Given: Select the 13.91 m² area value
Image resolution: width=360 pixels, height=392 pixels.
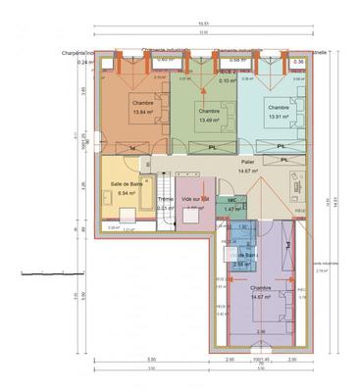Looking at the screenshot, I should pos(279,116).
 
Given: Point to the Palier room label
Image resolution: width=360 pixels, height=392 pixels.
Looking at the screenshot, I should pos(247,162).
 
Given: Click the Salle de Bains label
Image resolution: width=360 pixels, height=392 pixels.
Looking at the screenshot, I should pos(125,185).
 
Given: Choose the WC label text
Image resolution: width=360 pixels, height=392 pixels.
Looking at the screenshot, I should pos(231,200).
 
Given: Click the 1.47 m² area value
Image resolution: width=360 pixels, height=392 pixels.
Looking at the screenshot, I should pos(231,209).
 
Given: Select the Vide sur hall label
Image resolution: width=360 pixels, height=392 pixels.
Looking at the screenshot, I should pos(195,199).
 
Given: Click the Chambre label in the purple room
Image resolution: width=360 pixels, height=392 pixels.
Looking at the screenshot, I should pos(260,288).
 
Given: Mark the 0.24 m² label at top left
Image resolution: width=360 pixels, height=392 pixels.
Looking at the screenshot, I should pos(84,62).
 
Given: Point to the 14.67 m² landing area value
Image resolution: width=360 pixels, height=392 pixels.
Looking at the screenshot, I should pos(247,171).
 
